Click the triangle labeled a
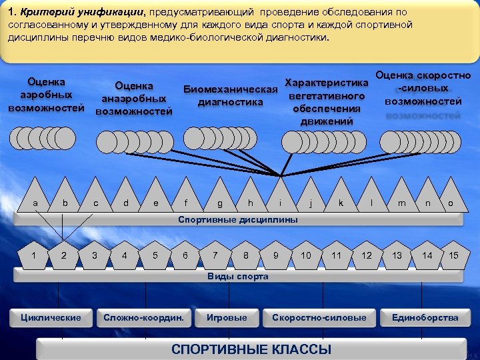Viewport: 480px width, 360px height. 35,198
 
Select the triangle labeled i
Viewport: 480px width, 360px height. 281,198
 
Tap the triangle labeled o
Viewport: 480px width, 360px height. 451,198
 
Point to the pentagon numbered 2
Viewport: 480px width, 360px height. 63,254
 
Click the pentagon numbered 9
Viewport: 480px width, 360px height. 276,254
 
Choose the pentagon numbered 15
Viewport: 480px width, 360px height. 453,254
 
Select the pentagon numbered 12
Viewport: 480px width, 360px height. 367,254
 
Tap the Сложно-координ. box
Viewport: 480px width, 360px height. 143,317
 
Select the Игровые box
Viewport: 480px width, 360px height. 227,317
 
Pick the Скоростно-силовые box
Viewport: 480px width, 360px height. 319,317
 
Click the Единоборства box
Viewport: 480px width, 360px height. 425,317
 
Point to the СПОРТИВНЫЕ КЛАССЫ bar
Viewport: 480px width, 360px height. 251,349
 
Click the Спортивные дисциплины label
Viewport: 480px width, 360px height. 237,220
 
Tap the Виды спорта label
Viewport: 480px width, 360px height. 237,276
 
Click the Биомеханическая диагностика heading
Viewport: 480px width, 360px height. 230,96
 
